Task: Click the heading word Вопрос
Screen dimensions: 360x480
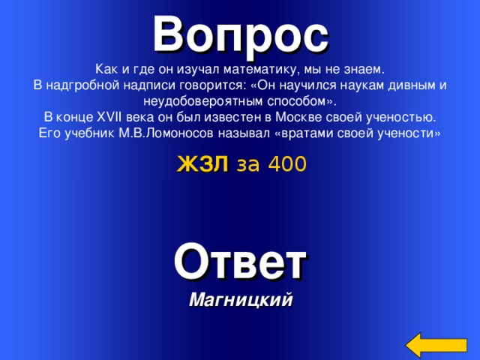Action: pyautogui.click(x=240, y=32)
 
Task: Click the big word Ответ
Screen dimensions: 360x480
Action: pyautogui.click(x=240, y=262)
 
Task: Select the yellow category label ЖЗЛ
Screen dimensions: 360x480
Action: pyautogui.click(x=202, y=164)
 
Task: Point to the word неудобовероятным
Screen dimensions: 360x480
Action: pyautogui.click(x=205, y=101)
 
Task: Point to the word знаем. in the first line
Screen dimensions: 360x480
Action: pyautogui.click(x=363, y=69)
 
